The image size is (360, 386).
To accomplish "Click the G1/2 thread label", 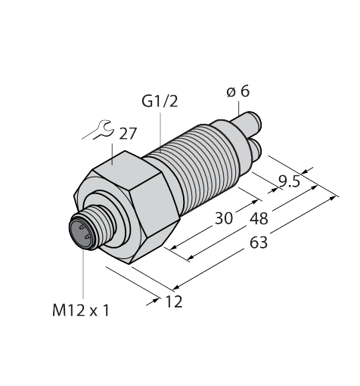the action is pyautogui.click(x=160, y=102).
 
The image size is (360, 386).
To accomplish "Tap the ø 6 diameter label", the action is pyautogui.click(x=238, y=91).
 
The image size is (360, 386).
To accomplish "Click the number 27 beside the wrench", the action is pyautogui.click(x=128, y=134).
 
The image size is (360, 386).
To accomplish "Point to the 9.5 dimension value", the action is pyautogui.click(x=290, y=181).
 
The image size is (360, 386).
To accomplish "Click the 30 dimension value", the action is pyautogui.click(x=224, y=218).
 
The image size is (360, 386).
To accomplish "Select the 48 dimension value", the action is pyautogui.click(x=259, y=218).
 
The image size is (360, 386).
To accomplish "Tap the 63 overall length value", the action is pyautogui.click(x=259, y=242).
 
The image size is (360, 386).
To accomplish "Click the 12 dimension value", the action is pyautogui.click(x=174, y=301).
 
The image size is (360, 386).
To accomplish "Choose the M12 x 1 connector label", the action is pyautogui.click(x=81, y=310).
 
